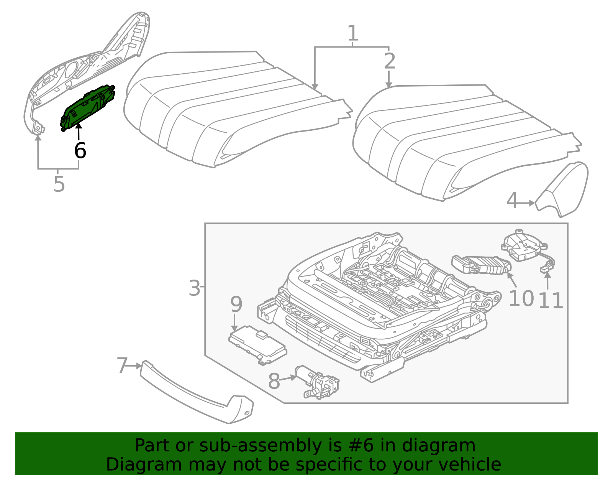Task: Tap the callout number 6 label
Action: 80,150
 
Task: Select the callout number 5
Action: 59,184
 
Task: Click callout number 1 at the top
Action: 353,34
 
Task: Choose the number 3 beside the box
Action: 195,288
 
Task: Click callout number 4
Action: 512,201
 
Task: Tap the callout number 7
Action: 122,365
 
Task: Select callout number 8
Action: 274,382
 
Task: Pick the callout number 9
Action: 236,305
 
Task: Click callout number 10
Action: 521,299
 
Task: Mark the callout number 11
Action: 551,301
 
